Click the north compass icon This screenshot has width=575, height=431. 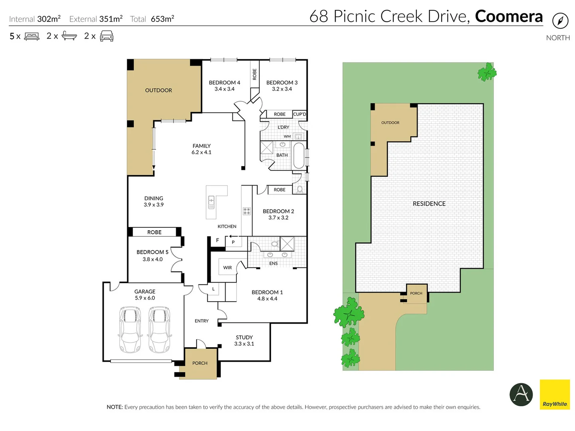click(560, 21)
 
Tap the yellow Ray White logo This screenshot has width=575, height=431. click(555, 394)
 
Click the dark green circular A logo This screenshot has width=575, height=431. click(521, 394)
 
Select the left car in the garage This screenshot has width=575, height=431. click(130, 330)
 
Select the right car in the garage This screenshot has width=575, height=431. click(159, 330)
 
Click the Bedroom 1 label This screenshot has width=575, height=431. click(267, 292)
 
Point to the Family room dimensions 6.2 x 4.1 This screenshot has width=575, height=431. click(201, 152)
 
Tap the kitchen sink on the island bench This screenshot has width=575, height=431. click(211, 202)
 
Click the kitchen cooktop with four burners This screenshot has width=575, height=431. click(247, 211)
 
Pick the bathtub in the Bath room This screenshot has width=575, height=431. click(298, 155)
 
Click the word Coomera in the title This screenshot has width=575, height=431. click(509, 16)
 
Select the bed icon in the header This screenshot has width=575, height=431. click(32, 36)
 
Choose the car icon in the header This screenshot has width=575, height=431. click(107, 36)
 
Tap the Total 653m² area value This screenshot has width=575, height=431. click(162, 19)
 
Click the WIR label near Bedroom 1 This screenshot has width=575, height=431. click(228, 267)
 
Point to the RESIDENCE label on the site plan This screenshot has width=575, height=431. click(429, 204)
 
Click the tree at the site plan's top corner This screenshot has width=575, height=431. click(487, 72)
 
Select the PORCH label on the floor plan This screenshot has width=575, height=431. click(200, 363)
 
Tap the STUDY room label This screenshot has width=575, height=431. click(244, 337)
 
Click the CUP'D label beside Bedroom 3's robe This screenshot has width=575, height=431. click(299, 114)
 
